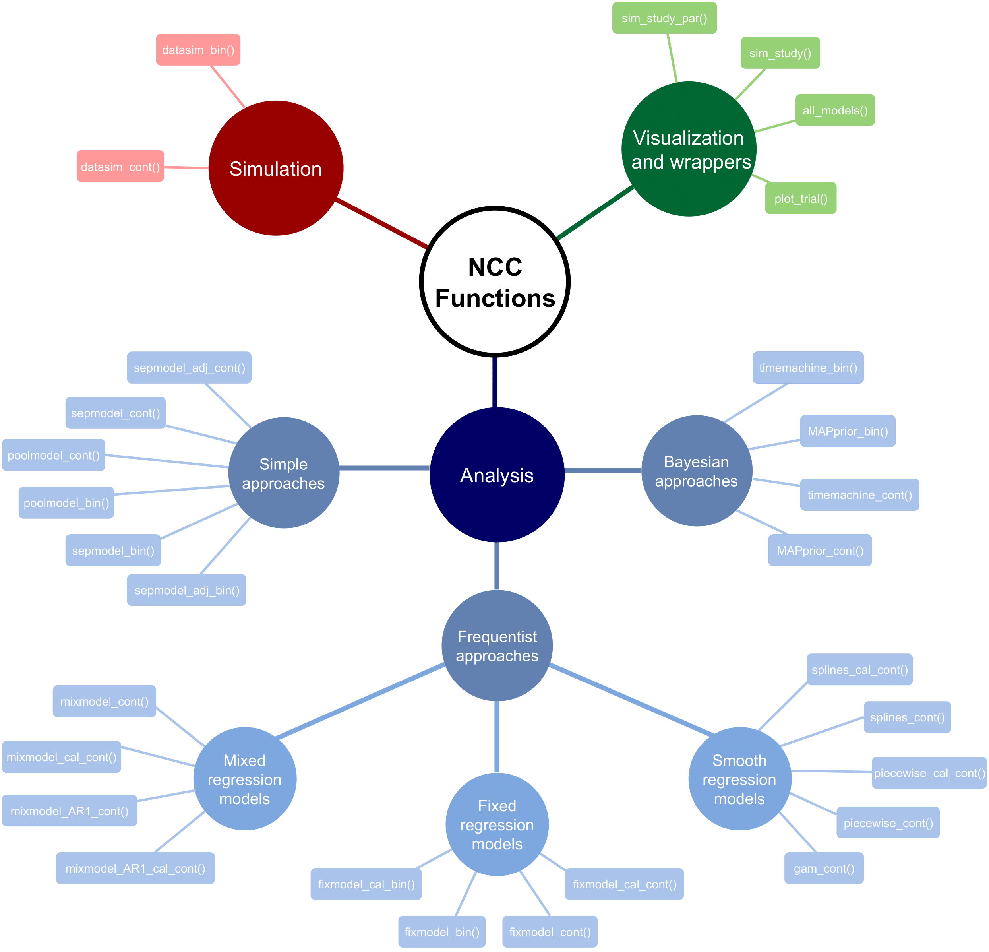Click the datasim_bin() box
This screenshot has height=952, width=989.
[x=198, y=50]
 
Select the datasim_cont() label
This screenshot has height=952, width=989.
[x=120, y=167]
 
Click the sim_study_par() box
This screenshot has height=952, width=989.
[x=664, y=18]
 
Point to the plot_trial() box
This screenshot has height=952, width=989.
[x=800, y=198]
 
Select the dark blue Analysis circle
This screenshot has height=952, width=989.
[x=497, y=475]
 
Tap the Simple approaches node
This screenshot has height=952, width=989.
[x=284, y=473]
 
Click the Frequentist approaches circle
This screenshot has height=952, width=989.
[x=497, y=646]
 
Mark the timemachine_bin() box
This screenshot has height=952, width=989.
[x=808, y=367]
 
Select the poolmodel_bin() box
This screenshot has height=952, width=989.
[x=66, y=503]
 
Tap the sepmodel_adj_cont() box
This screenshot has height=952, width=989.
[x=189, y=367]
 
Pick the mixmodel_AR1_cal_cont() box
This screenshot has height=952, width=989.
[x=135, y=868]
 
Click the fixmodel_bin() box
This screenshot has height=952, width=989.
[x=441, y=932]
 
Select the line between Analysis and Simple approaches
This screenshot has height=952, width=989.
[x=384, y=468]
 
